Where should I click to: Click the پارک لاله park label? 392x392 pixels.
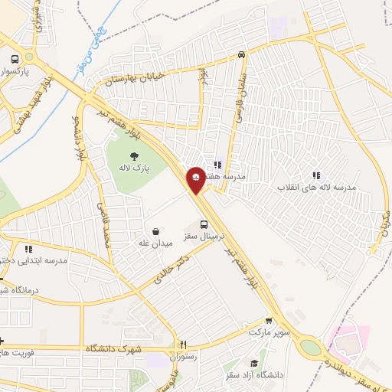point(135,167)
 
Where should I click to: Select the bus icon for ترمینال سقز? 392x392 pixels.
point(204,224)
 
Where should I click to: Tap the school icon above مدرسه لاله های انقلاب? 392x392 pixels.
point(316,176)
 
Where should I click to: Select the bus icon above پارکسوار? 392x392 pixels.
point(15,59)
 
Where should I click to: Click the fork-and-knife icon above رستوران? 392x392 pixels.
point(183,345)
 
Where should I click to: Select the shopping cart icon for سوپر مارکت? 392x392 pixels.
point(268,322)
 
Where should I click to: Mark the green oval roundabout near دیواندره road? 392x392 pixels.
point(309,347)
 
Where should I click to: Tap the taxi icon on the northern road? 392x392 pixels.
point(241,54)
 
